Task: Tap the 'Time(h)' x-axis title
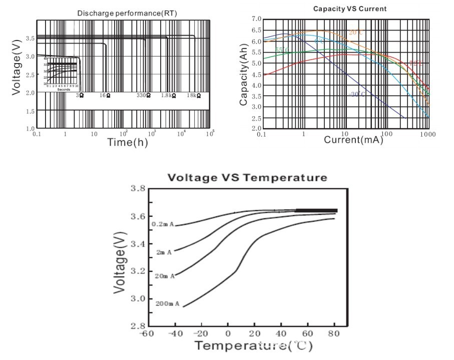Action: [128, 142]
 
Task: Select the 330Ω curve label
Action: [144, 95]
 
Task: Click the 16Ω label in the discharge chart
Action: [105, 95]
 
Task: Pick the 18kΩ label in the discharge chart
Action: [194, 95]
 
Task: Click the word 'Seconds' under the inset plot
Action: [64, 90]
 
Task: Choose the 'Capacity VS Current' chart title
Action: [342, 9]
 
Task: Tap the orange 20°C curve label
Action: [355, 33]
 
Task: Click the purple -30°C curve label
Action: [357, 94]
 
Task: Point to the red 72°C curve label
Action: [416, 63]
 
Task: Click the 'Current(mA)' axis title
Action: [353, 140]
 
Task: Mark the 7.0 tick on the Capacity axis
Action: [256, 19]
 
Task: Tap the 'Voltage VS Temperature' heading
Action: [247, 178]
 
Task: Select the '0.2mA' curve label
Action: [163, 224]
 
